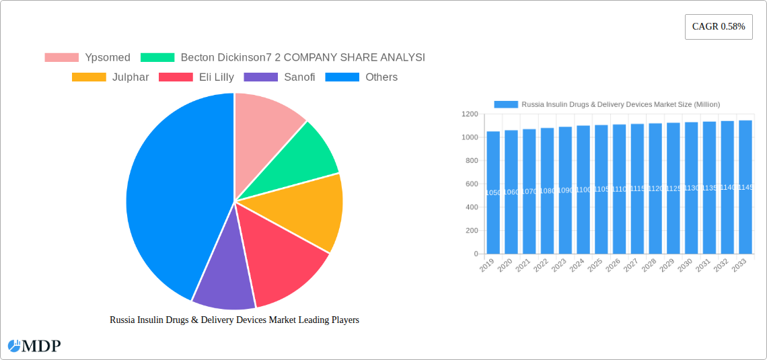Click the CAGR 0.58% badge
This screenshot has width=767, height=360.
(718, 26)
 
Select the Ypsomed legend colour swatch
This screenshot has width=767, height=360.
(61, 58)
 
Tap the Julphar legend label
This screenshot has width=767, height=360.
(131, 77)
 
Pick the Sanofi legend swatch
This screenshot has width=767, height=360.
(260, 77)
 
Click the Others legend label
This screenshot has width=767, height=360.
(381, 77)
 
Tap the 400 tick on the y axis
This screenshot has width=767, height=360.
(471, 207)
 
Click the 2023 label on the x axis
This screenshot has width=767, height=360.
(559, 266)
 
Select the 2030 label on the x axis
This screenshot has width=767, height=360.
(685, 266)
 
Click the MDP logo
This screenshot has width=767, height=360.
(34, 346)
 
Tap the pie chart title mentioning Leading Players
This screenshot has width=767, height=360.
(234, 320)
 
